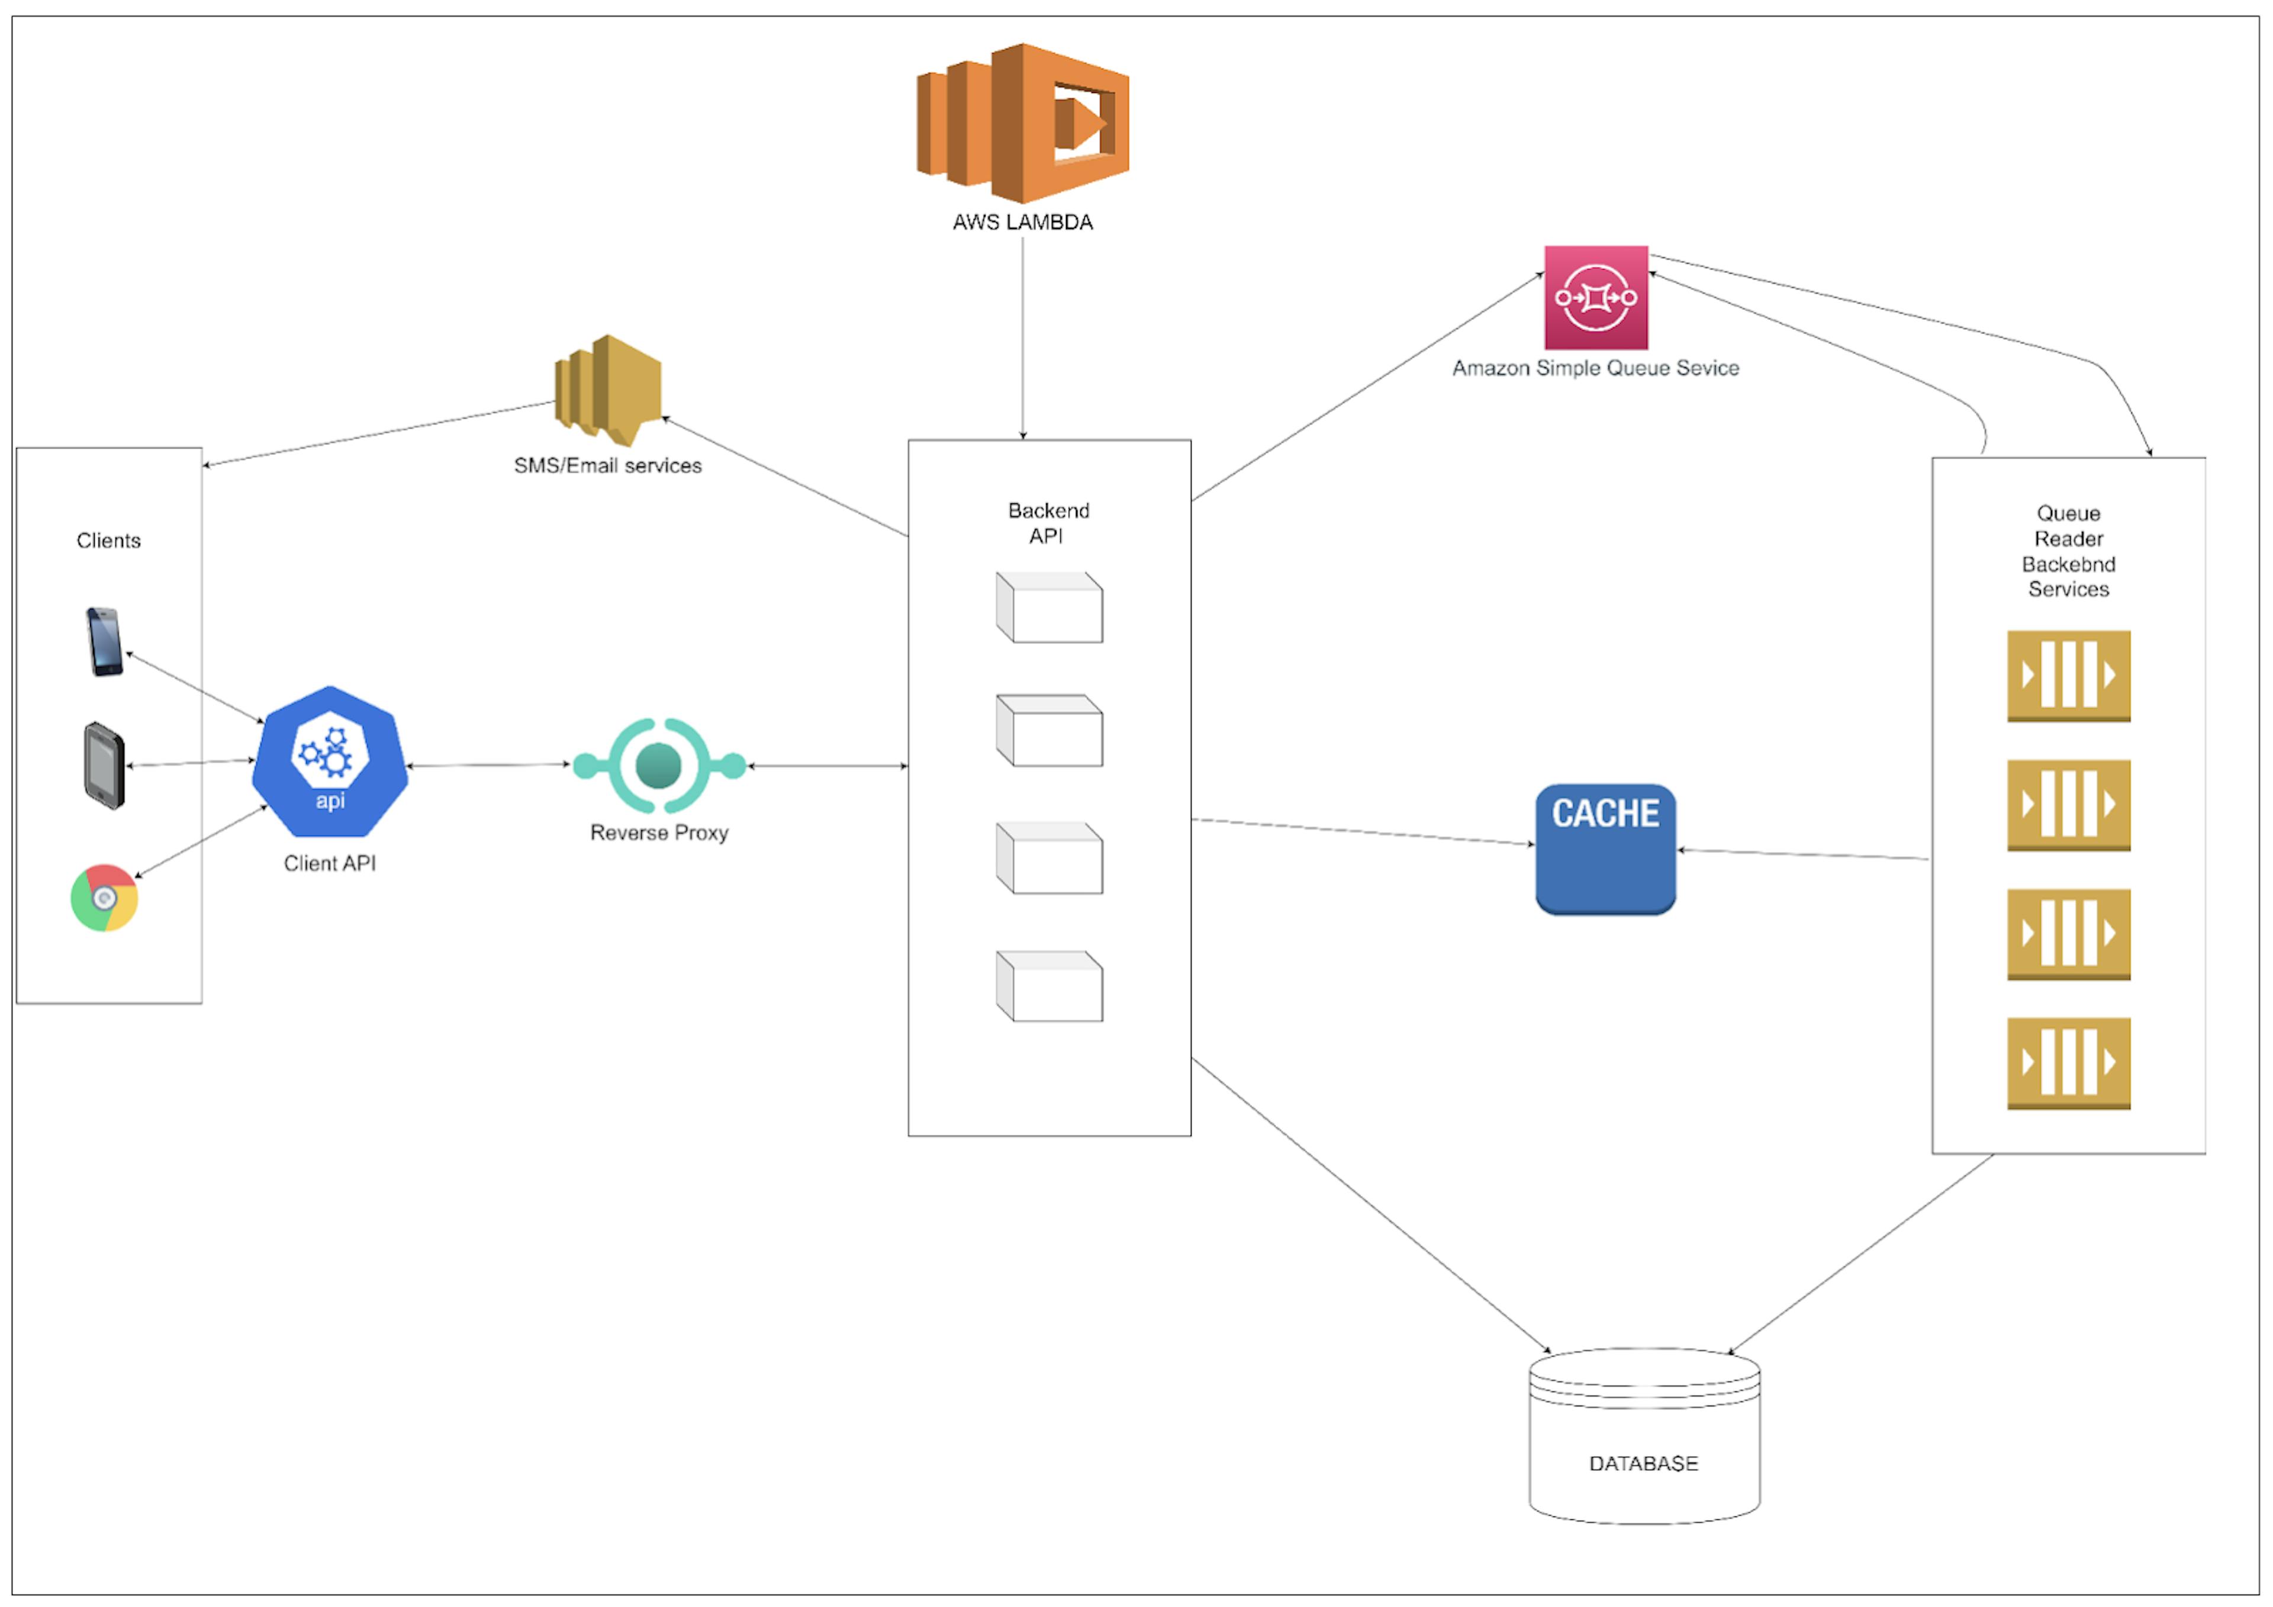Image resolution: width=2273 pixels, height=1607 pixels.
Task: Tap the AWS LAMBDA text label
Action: (x=1023, y=223)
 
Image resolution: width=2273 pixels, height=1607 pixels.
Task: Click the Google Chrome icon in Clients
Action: (x=104, y=898)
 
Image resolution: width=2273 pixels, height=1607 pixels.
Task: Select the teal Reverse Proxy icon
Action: (x=659, y=766)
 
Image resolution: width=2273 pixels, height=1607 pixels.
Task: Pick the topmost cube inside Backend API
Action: (x=1049, y=607)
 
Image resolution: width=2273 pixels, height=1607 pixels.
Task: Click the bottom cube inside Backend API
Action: (x=1049, y=986)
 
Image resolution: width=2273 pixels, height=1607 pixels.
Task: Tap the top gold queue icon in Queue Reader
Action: (x=2068, y=676)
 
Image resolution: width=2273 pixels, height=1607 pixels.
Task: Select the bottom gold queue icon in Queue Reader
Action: (x=2068, y=1063)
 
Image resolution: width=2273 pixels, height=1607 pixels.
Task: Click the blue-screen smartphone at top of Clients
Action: (x=105, y=642)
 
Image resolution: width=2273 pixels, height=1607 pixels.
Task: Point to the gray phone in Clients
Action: (x=104, y=766)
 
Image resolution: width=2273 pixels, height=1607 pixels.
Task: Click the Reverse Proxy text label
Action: (x=659, y=833)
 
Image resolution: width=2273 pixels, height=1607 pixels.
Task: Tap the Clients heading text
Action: (x=109, y=541)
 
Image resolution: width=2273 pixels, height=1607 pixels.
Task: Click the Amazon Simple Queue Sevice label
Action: (x=1596, y=368)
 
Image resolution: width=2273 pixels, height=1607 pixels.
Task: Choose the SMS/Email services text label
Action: (x=608, y=465)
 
